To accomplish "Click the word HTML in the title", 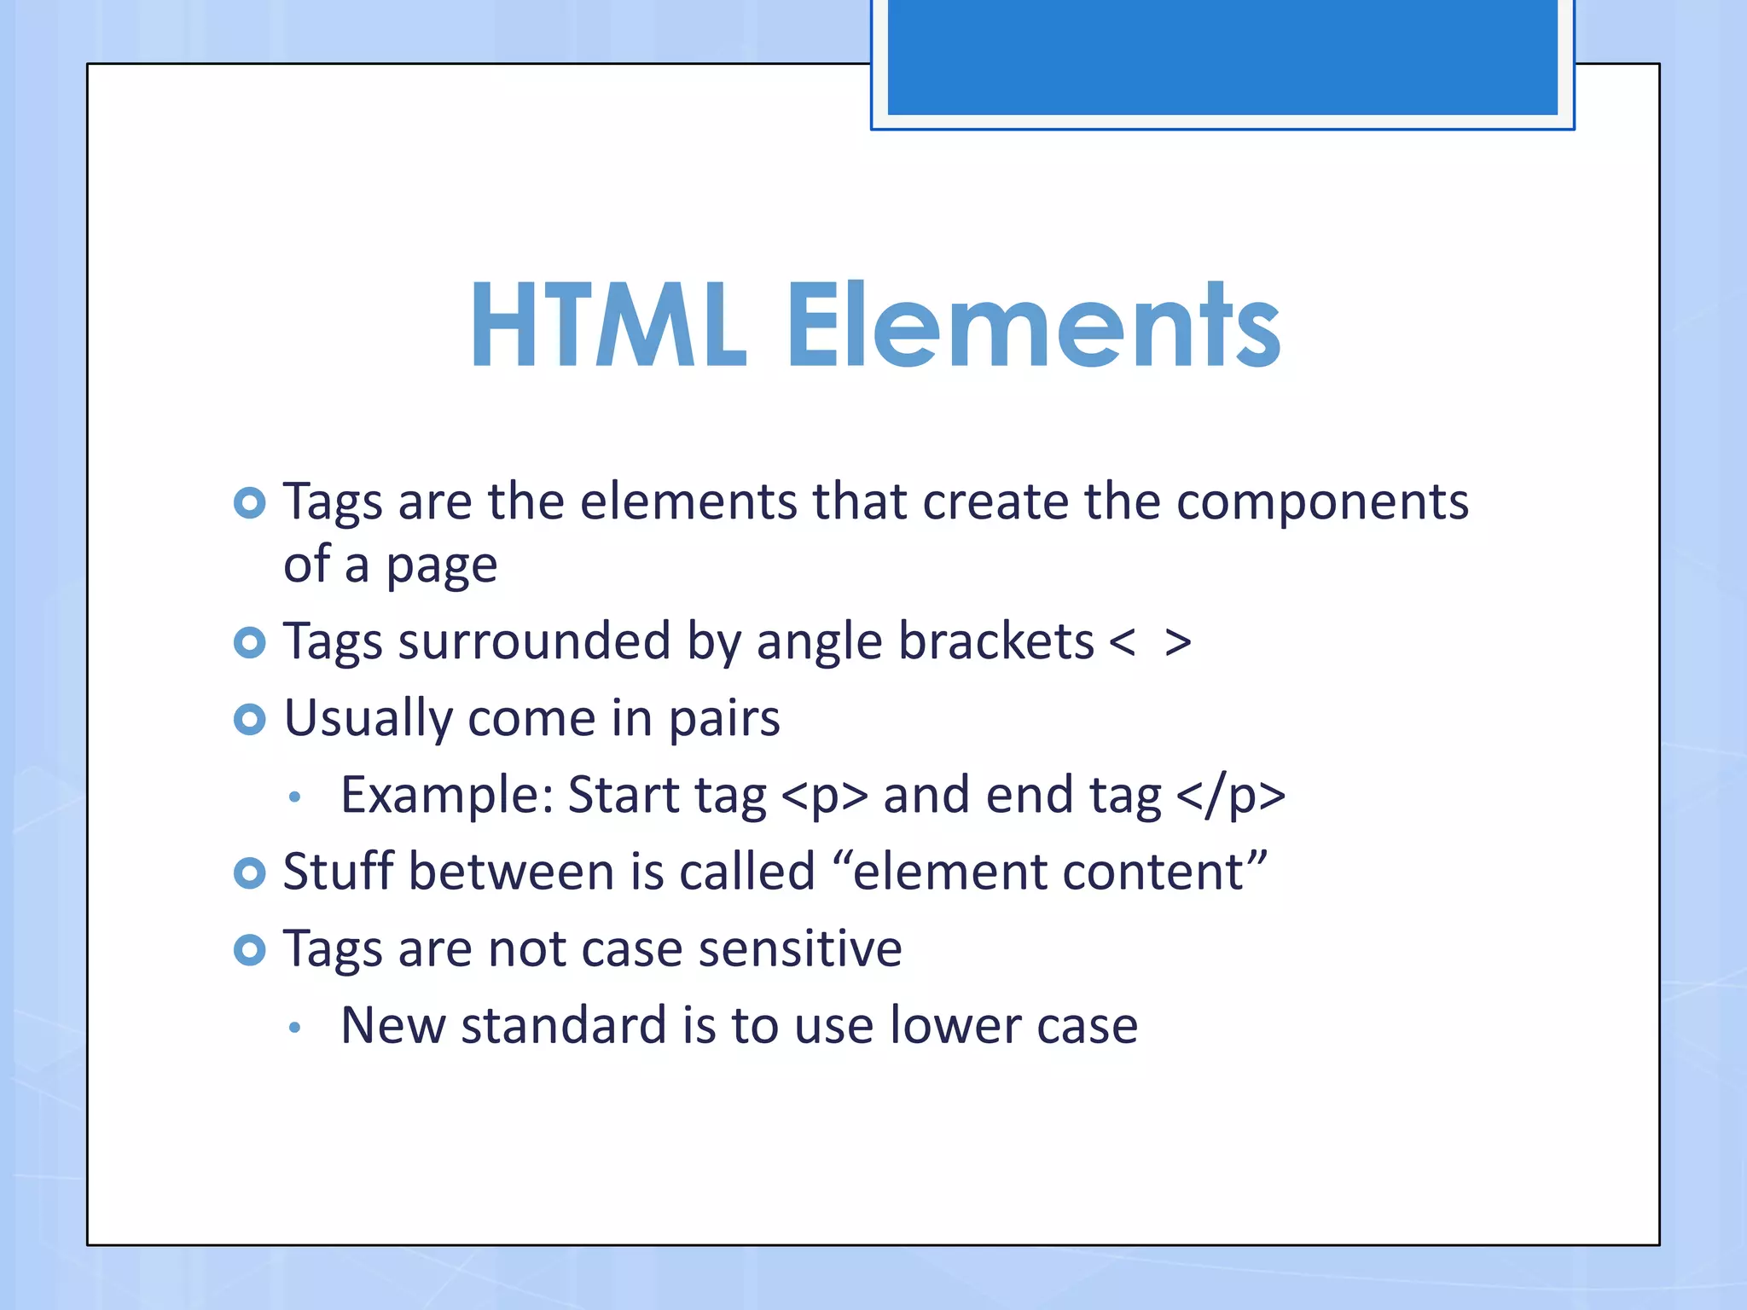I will click(x=607, y=326).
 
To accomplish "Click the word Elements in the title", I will click(x=1032, y=326).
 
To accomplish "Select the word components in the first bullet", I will click(x=1322, y=501).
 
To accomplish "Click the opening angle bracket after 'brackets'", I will click(x=1123, y=643).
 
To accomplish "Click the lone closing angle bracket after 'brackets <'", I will click(x=1178, y=643).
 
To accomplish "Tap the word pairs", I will click(x=723, y=719).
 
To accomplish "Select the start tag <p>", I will click(x=824, y=796).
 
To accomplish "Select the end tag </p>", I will click(x=1230, y=796).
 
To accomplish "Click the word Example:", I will click(x=447, y=796).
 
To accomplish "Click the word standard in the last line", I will click(x=563, y=1025).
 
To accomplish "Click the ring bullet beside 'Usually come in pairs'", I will click(x=249, y=720).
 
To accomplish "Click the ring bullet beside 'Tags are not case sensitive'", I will click(x=249, y=949).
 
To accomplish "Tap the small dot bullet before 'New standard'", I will click(x=294, y=1028).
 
